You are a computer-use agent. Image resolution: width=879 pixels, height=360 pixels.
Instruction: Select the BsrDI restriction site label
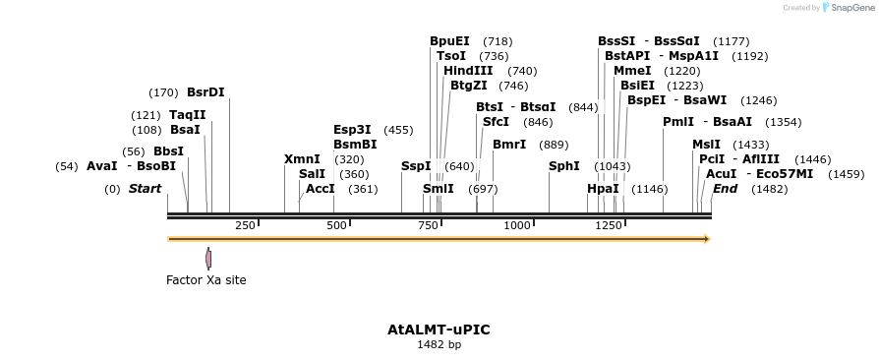205,92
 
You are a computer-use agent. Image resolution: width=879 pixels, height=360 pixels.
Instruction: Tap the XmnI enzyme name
302,159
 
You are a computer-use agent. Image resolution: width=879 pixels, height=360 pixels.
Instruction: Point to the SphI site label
563,166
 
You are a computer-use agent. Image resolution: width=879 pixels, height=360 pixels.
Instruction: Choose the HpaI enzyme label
603,189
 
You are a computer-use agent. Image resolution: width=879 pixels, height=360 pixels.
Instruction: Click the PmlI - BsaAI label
707,122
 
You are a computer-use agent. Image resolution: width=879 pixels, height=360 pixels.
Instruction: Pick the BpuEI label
449,41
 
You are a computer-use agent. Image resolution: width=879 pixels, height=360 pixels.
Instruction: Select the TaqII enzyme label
188,115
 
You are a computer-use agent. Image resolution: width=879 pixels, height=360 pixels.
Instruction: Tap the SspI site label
416,166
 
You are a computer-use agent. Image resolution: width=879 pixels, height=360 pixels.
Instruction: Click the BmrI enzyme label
509,145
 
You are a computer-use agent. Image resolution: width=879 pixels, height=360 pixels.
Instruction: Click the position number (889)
554,145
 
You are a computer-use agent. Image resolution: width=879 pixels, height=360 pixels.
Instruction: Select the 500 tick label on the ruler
337,226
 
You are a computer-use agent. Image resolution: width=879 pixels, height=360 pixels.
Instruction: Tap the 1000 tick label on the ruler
516,226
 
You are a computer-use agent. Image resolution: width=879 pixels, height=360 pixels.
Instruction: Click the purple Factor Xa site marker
208,259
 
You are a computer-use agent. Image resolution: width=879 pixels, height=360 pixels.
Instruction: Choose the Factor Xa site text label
205,280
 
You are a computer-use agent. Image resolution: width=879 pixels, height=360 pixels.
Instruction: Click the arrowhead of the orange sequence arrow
706,239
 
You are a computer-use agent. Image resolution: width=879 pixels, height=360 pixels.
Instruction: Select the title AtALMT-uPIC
439,330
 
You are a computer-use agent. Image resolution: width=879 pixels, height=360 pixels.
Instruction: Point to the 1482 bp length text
439,345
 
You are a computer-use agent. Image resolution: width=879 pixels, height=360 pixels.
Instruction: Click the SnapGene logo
850,8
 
